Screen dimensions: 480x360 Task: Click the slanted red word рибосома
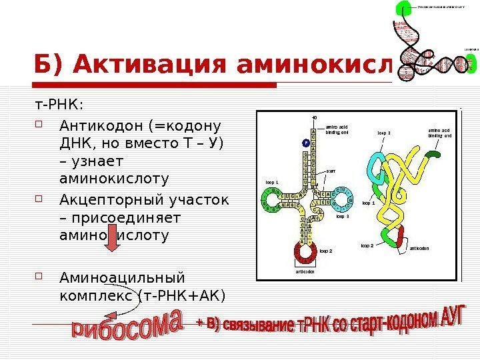(x=127, y=333)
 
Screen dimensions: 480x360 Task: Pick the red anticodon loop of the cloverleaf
(x=306, y=252)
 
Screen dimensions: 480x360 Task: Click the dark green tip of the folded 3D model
(x=433, y=155)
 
